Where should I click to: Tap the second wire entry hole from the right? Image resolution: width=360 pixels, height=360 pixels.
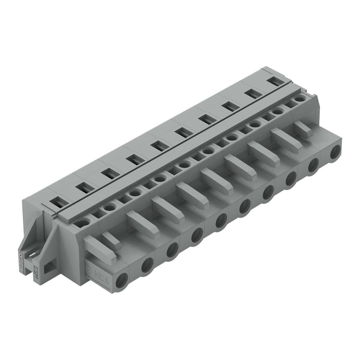pos(313,165)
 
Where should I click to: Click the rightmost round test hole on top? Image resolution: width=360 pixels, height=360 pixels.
pos(300,99)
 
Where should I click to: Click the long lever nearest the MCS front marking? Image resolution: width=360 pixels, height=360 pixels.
pos(100,250)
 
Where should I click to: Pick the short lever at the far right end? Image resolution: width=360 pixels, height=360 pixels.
pos(303,129)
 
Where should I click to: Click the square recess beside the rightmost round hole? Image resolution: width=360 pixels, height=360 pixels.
pos(289,104)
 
